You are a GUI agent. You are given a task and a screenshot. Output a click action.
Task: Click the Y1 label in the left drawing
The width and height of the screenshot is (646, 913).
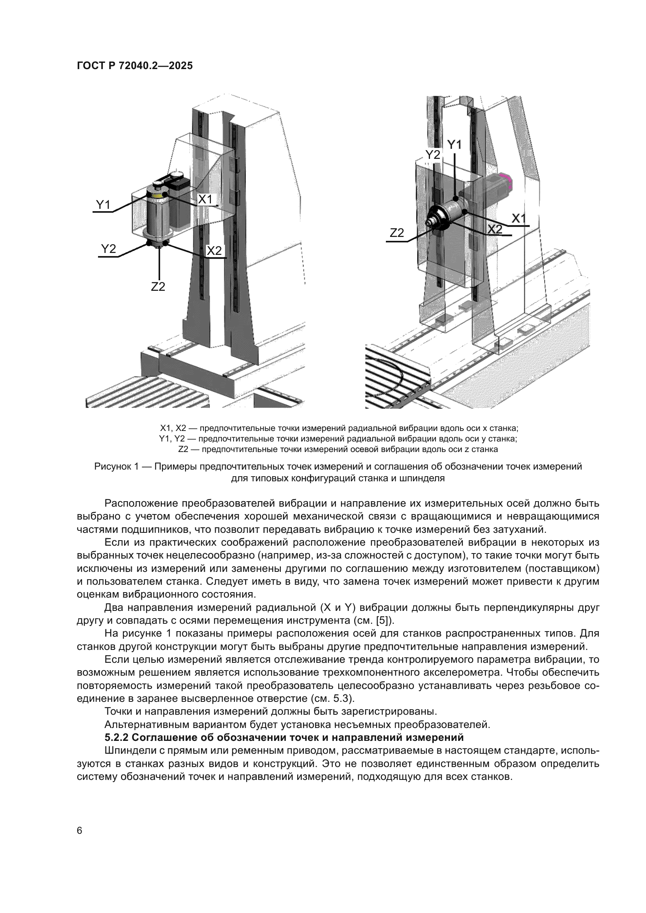[x=103, y=205]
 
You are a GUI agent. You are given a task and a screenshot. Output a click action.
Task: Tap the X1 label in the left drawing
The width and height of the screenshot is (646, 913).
[x=205, y=199]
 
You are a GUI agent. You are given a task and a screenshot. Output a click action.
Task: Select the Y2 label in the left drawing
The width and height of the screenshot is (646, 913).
[x=108, y=249]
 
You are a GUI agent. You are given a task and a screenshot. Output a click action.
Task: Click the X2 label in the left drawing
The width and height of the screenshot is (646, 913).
[x=214, y=251]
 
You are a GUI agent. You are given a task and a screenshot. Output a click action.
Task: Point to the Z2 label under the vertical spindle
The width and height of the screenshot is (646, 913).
[x=158, y=286]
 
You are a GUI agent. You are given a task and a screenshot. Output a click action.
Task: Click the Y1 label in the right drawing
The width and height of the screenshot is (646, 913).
[x=455, y=145]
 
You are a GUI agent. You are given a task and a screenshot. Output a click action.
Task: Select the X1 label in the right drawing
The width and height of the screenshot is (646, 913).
[x=519, y=218]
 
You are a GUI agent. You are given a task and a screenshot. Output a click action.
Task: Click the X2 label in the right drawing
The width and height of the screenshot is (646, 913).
[x=495, y=229]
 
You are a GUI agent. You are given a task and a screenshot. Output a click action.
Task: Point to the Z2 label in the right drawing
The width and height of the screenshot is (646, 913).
[x=396, y=233]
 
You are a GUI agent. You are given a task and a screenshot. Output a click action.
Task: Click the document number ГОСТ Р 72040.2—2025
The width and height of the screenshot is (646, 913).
[x=135, y=66]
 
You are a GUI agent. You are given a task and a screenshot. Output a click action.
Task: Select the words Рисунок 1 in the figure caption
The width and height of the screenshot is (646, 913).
[x=116, y=466]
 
